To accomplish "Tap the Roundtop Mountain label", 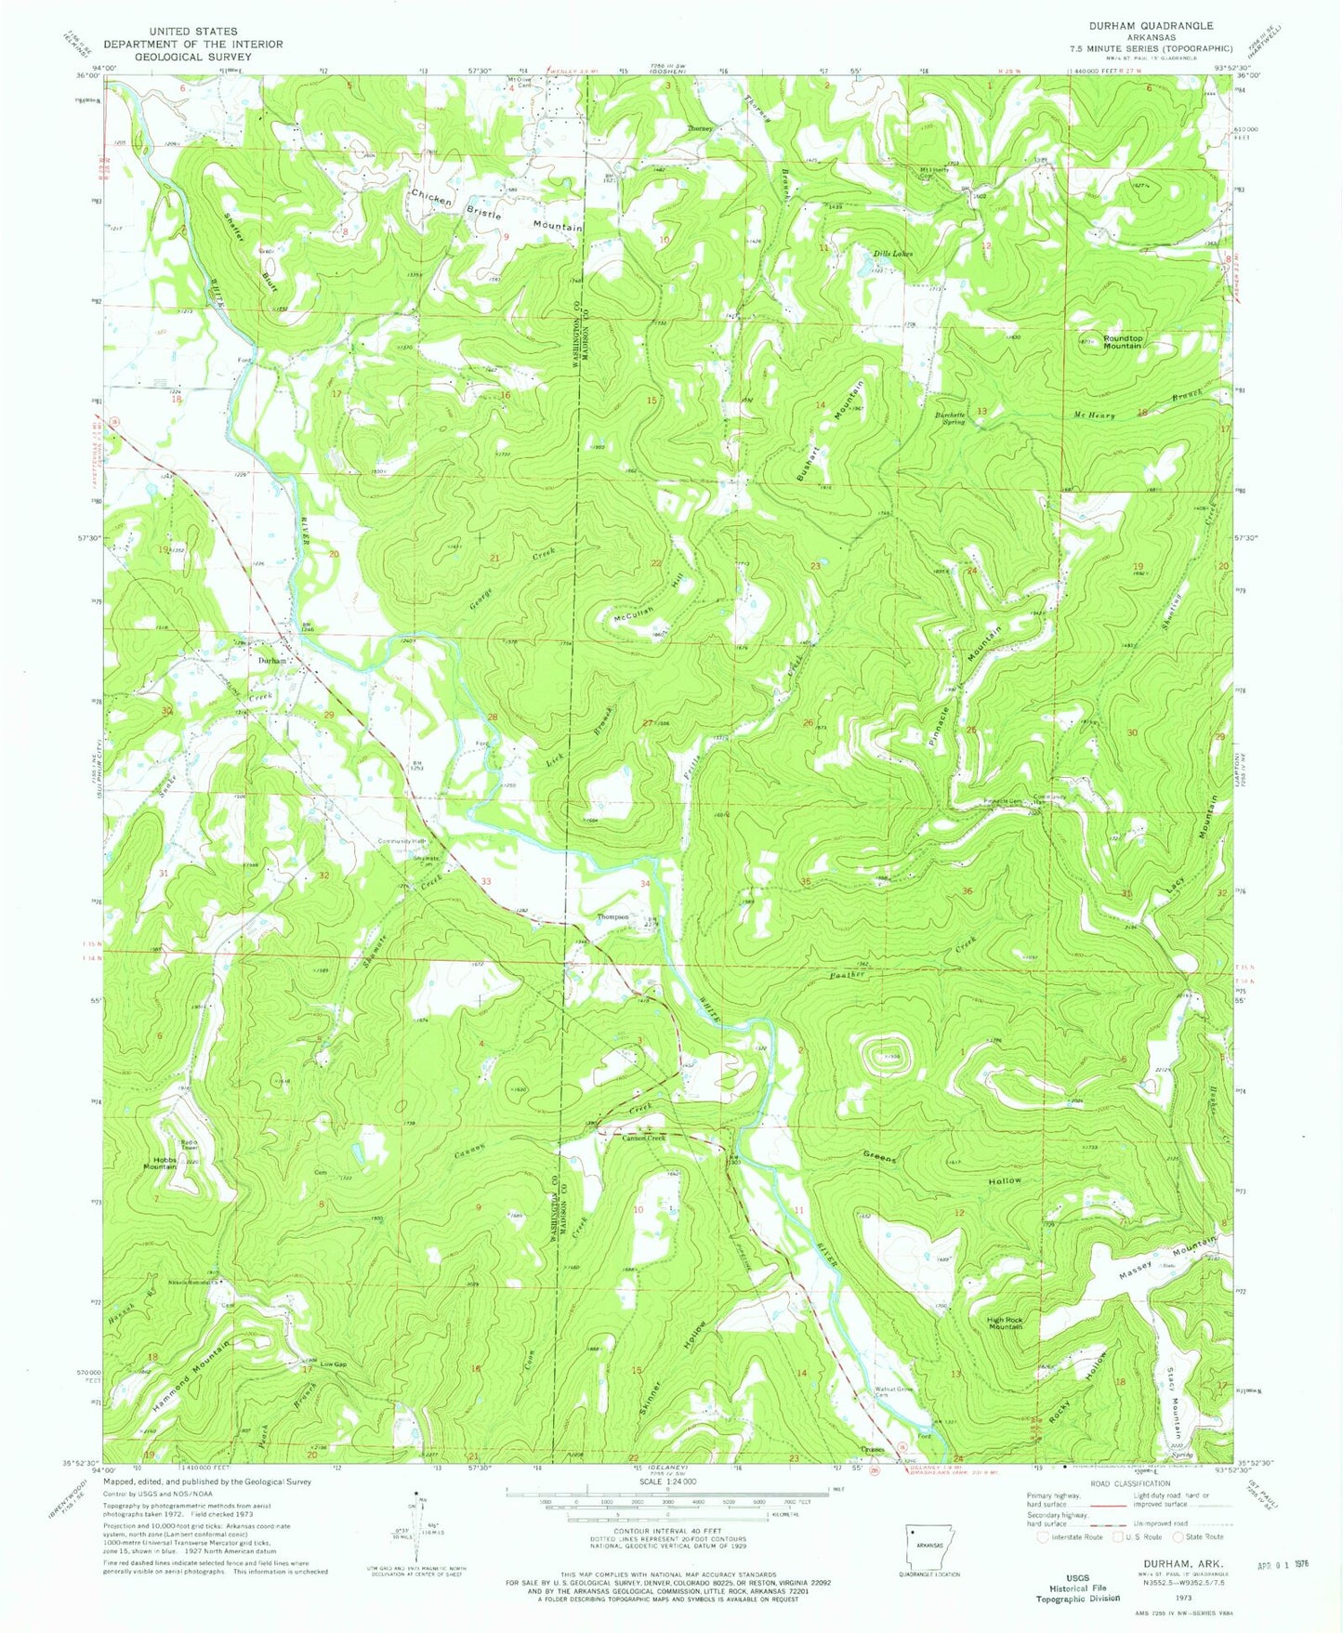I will pyautogui.click(x=1122, y=341).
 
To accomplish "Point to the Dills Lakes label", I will pyautogui.click(x=891, y=254).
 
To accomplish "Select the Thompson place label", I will pyautogui.click(x=612, y=917).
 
